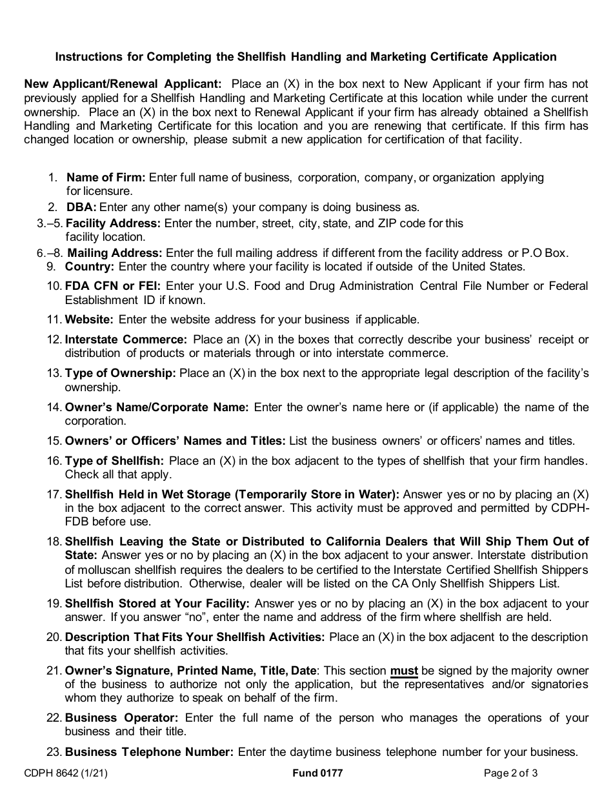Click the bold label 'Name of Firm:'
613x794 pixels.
tap(106, 178)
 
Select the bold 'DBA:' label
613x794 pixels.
tap(81, 207)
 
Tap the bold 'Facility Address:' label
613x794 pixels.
tap(114, 223)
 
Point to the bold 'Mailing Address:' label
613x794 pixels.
tap(114, 253)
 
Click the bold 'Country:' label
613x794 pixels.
tap(90, 266)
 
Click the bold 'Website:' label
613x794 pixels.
tap(89, 320)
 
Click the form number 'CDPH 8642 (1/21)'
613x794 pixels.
tap(61, 773)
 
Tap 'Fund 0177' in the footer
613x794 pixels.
tap(317, 773)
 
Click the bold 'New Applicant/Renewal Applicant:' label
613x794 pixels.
tap(123, 84)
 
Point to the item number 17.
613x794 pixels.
tap(54, 494)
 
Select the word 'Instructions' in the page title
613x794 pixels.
tap(89, 57)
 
